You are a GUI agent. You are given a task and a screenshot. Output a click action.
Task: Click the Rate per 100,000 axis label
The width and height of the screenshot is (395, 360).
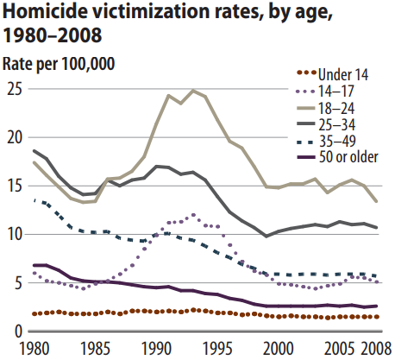click(x=59, y=63)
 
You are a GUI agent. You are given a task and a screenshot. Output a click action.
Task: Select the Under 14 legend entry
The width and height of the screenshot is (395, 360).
click(x=332, y=74)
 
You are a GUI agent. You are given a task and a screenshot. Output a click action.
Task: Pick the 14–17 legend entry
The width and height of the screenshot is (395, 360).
click(x=325, y=92)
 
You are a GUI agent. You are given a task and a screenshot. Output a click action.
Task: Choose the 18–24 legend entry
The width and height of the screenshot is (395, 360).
click(x=325, y=108)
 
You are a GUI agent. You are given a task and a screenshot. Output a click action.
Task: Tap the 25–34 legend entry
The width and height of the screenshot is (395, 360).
click(x=326, y=124)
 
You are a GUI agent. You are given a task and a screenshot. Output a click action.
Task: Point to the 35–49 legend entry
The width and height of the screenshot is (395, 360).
click(x=326, y=141)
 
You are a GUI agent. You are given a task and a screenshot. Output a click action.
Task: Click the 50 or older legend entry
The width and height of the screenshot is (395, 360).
click(x=337, y=157)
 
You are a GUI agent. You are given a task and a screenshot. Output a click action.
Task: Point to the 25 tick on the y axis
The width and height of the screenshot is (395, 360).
click(x=15, y=90)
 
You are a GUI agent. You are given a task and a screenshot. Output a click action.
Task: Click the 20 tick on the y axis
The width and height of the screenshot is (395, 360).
click(x=15, y=138)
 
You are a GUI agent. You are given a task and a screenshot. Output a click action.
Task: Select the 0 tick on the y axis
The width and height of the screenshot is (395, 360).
click(x=18, y=332)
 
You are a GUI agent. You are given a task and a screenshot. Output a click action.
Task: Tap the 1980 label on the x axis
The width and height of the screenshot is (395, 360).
click(x=34, y=348)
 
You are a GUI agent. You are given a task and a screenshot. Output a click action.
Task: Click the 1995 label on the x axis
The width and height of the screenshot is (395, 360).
click(x=217, y=348)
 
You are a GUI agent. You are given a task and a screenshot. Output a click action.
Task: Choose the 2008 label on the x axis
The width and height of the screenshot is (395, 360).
click(x=376, y=348)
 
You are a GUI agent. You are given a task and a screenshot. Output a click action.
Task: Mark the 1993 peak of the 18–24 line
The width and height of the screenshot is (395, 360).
click(x=193, y=91)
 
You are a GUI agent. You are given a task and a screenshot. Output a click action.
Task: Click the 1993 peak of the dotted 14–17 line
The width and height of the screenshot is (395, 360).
click(x=193, y=215)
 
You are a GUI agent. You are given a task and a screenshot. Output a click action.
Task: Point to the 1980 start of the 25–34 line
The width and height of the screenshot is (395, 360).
click(x=34, y=151)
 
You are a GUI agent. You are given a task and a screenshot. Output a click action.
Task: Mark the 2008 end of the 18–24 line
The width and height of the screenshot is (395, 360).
click(x=376, y=201)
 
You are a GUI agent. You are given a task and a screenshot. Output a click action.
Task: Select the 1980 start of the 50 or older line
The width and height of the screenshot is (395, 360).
click(x=34, y=265)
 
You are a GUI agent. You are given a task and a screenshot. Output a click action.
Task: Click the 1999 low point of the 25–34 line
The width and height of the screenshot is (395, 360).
click(x=266, y=237)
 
